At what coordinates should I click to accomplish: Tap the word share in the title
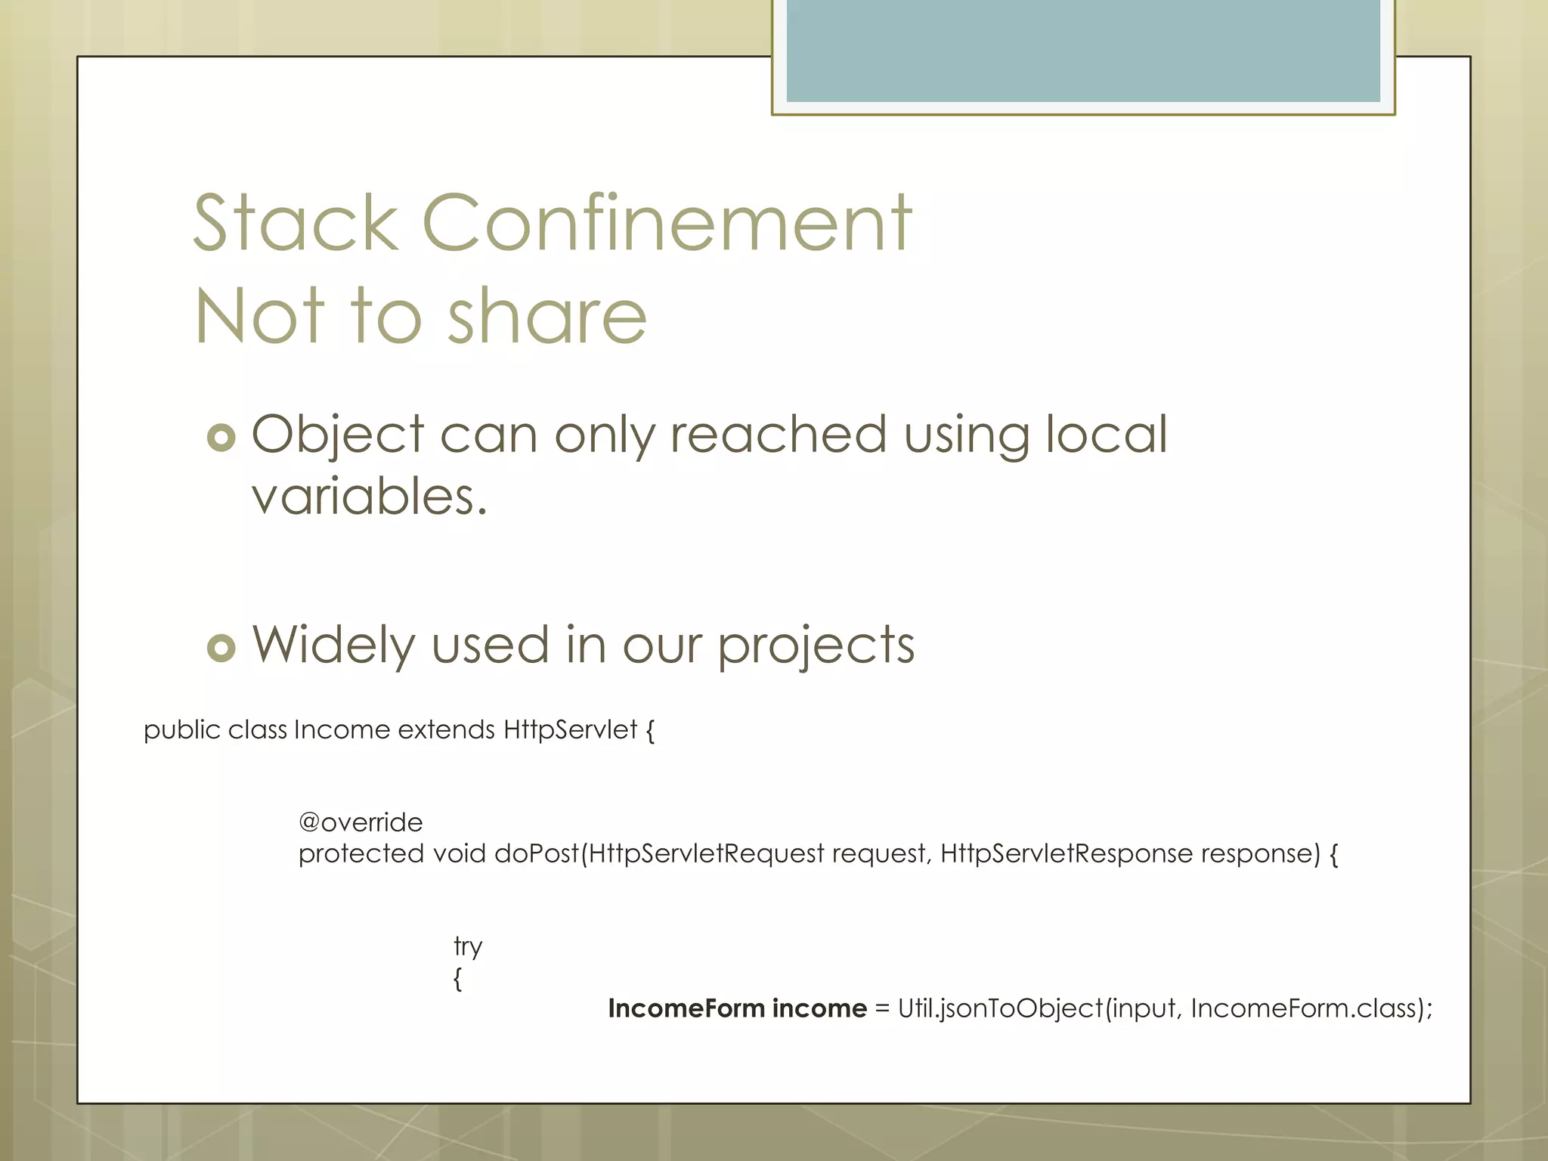click(547, 317)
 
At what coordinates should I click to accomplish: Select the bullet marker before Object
click(221, 438)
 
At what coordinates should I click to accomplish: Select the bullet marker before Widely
click(221, 648)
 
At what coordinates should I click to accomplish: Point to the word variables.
click(370, 497)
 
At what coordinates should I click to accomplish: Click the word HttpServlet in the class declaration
click(570, 730)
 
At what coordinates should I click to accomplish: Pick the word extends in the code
click(446, 730)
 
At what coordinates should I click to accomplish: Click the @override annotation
click(361, 822)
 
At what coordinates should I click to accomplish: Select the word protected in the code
click(361, 854)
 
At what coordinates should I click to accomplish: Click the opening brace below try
click(457, 979)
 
